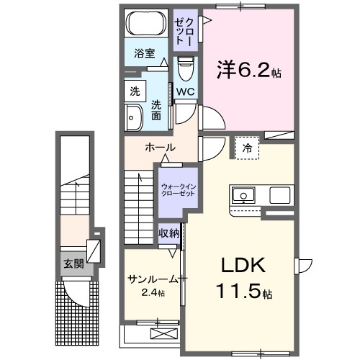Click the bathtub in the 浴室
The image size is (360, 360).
pos(147,24)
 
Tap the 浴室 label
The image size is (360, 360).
pos(145,53)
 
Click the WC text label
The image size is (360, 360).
pos(185,91)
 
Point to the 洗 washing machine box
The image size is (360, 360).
pos(135,91)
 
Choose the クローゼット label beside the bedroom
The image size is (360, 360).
pos(184,30)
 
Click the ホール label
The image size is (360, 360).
pos(160,148)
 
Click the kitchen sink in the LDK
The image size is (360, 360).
pos(243,194)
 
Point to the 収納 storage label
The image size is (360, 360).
pos(170,233)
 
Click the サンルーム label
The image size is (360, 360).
pos(152,279)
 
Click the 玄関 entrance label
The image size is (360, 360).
pos(73,264)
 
